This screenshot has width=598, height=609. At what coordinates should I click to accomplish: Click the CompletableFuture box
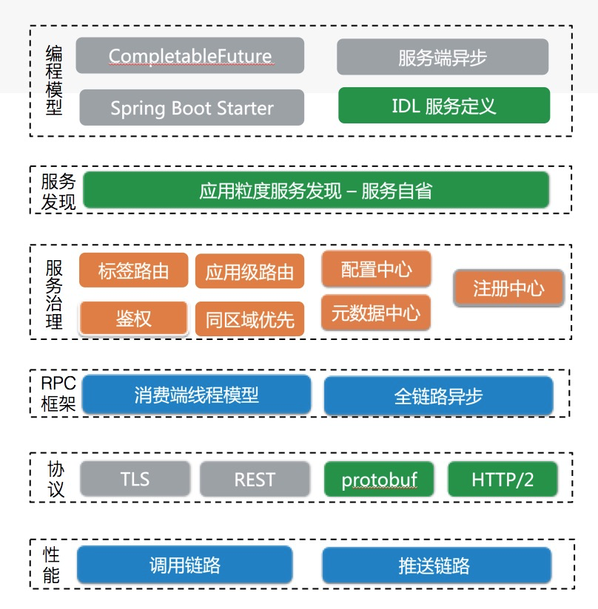[190, 56]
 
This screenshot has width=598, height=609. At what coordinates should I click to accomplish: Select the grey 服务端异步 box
[442, 58]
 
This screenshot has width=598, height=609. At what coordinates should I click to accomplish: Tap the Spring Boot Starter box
[192, 108]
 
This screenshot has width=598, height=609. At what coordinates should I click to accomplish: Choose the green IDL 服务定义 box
[443, 106]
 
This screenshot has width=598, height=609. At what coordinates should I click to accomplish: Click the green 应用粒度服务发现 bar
[315, 191]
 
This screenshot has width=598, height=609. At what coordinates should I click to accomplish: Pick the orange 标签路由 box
[133, 271]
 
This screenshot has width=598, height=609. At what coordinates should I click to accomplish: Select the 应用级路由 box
[249, 273]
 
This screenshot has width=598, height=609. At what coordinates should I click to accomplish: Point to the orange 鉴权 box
[133, 319]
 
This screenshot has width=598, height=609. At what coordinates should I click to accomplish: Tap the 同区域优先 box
[249, 319]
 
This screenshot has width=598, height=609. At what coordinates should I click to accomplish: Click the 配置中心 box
[376, 269]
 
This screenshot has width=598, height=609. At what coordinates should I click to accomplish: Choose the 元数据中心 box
[375, 313]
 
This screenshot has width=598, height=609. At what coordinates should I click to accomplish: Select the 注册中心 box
[508, 288]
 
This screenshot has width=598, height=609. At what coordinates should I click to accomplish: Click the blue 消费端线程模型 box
[196, 395]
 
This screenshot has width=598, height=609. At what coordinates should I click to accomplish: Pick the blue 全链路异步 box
[438, 396]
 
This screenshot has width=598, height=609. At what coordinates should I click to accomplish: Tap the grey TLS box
[135, 479]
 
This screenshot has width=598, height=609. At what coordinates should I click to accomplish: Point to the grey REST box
[255, 480]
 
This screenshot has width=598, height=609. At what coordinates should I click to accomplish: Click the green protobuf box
[379, 480]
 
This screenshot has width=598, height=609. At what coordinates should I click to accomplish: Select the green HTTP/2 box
[502, 480]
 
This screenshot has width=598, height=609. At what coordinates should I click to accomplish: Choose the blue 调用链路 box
[184, 566]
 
